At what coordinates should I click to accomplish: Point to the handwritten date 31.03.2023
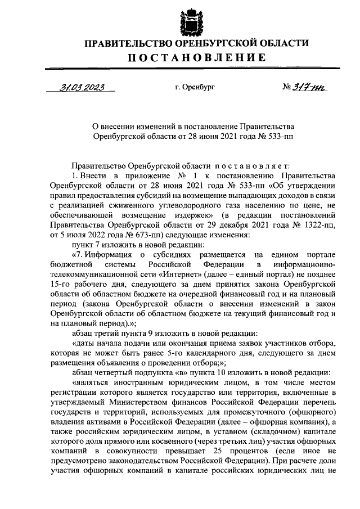point(82,87)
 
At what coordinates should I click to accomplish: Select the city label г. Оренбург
point(195,88)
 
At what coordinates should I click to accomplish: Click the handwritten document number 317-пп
point(307,87)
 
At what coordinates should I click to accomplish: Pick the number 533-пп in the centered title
point(280,136)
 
